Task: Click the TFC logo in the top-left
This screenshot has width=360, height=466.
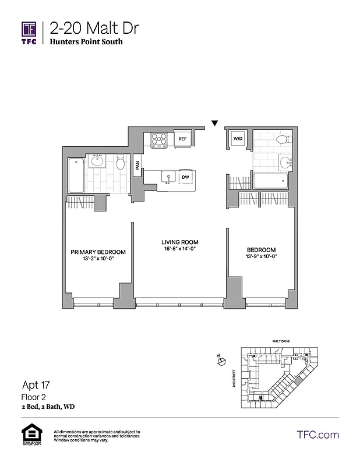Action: (29, 33)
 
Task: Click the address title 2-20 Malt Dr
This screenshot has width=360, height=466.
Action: (94, 28)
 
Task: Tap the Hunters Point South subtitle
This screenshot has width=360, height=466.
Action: (86, 42)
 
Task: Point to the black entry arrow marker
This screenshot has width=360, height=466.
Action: (214, 123)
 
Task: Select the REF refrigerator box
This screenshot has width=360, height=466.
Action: (182, 139)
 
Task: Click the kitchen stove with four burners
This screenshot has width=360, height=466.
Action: (159, 140)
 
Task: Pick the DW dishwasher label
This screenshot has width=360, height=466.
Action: (185, 177)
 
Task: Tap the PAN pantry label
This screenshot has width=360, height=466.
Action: (137, 167)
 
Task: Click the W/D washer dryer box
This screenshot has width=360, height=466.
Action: (238, 139)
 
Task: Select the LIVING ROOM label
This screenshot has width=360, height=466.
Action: (180, 242)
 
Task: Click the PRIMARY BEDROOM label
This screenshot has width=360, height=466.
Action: (98, 252)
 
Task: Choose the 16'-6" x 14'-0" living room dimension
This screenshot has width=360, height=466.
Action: (180, 249)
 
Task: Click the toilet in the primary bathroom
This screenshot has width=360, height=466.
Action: (121, 164)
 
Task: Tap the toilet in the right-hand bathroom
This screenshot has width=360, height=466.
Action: (282, 139)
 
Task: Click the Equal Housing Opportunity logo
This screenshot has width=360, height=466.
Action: (30, 436)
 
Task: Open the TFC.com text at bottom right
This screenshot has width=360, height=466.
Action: (317, 435)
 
